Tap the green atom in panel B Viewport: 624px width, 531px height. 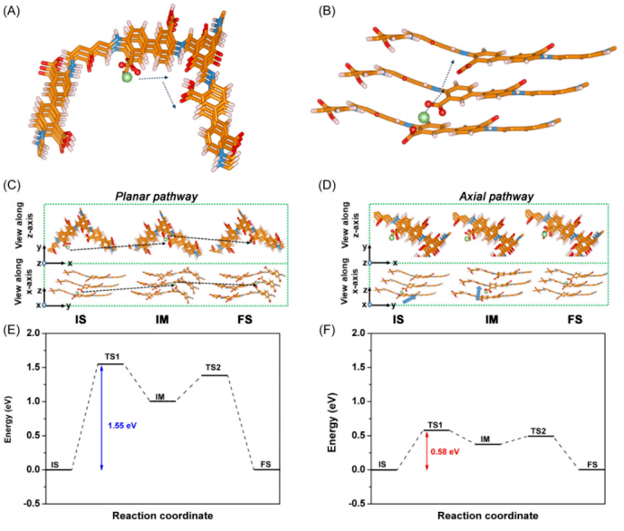(x=424, y=117)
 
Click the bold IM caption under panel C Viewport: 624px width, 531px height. (x=165, y=319)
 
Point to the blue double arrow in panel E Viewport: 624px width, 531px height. (x=101, y=417)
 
